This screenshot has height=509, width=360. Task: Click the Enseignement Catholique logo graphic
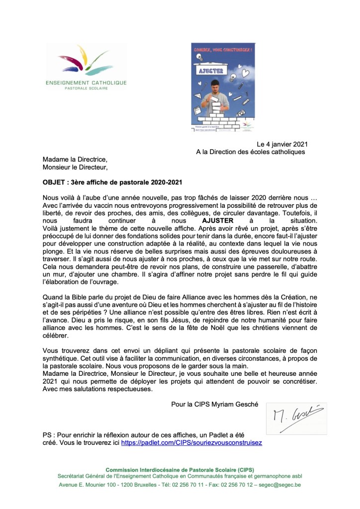click(x=86, y=60)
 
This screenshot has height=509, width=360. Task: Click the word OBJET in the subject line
click(x=54, y=182)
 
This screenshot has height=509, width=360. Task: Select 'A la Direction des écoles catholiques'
click(x=251, y=152)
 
